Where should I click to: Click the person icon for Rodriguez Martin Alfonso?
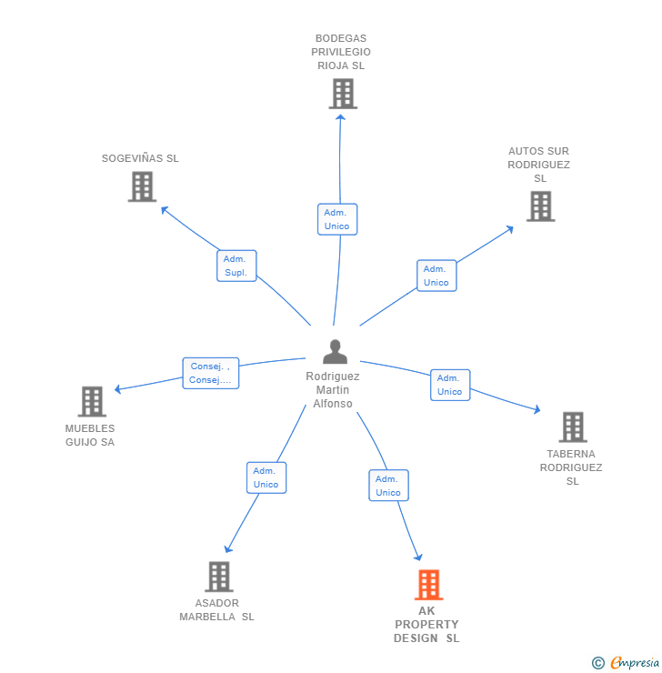coord(335,351)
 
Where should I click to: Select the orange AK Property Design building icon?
coord(428,584)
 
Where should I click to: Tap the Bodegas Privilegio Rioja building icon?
coord(343,94)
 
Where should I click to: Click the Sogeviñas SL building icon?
coord(142,186)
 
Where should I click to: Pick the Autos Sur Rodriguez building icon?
coord(540,206)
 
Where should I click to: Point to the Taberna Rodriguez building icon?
coord(572,427)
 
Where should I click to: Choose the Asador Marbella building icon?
coord(218,576)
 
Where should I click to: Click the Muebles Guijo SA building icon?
coord(91,401)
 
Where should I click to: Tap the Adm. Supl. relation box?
coord(236,266)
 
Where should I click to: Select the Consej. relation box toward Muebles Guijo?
coord(210,373)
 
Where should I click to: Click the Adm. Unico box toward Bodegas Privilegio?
coord(336,219)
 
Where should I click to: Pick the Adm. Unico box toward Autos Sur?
coord(436,276)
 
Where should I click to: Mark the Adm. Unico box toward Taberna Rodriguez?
coord(449,385)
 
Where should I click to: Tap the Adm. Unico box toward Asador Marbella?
coord(266,477)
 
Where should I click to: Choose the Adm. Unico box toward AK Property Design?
coord(387,486)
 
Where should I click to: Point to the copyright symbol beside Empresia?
coord(597,663)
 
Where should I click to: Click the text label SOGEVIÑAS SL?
coord(140,158)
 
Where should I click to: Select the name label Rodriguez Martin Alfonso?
coord(333,390)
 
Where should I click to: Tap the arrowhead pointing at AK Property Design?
coord(418,557)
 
